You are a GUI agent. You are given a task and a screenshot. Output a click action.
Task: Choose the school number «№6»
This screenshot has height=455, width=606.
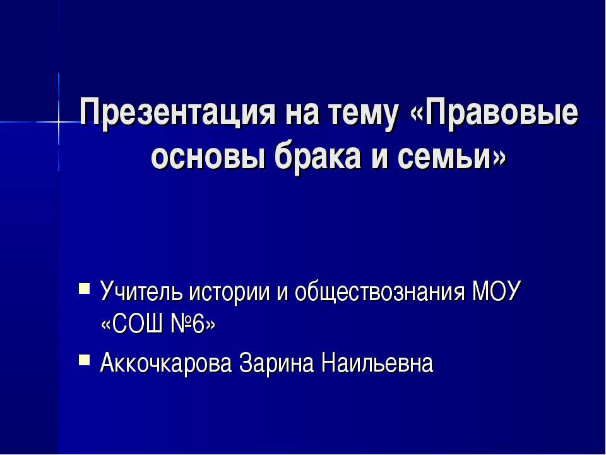pos(190,325)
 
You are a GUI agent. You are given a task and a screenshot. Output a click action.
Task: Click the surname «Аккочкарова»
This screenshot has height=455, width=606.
pos(166,363)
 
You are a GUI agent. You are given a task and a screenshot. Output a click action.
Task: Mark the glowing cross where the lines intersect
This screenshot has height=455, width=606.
pos(59,121)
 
